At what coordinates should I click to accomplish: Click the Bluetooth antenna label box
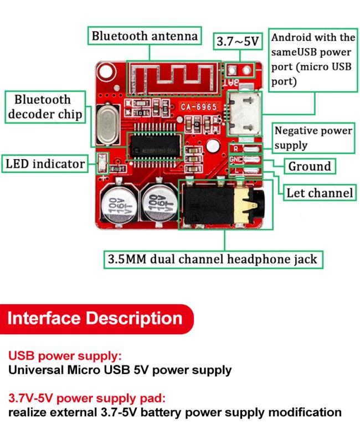[145, 35]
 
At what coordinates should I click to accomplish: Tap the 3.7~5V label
[238, 42]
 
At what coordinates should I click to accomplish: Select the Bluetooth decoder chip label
[45, 107]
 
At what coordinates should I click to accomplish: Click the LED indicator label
[45, 164]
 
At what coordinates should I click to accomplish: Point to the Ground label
[310, 166]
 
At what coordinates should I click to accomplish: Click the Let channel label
[319, 193]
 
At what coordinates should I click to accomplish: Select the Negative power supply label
[313, 138]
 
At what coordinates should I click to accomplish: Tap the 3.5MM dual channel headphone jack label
[213, 259]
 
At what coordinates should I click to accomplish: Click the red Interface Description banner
[96, 319]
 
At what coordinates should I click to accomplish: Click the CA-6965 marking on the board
[199, 107]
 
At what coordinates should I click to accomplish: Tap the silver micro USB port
[244, 114]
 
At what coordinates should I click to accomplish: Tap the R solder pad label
[235, 149]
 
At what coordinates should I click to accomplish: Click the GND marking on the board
[236, 159]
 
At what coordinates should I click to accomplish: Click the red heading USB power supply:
[65, 356]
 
